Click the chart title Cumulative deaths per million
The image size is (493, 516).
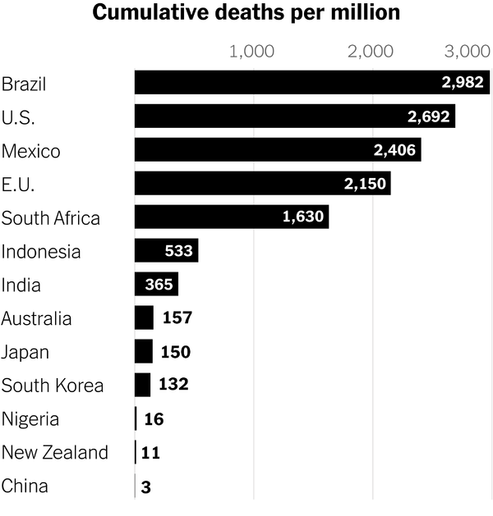[x=246, y=13]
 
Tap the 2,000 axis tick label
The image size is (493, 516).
[x=371, y=53]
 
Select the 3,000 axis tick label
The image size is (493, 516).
[x=468, y=53]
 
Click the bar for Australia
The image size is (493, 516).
[x=144, y=317]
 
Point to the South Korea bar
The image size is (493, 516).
[x=142, y=385]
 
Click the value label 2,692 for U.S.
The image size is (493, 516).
[x=429, y=116]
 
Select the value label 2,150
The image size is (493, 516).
[x=365, y=183]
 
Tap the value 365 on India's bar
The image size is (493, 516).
[x=156, y=284]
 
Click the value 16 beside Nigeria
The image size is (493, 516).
[x=154, y=419]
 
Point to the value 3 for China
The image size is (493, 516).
[x=146, y=486]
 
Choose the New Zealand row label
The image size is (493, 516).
[x=55, y=452]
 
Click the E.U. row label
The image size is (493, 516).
[x=18, y=184]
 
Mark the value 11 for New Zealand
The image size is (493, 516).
[x=150, y=452]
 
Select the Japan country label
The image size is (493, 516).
[x=25, y=352]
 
